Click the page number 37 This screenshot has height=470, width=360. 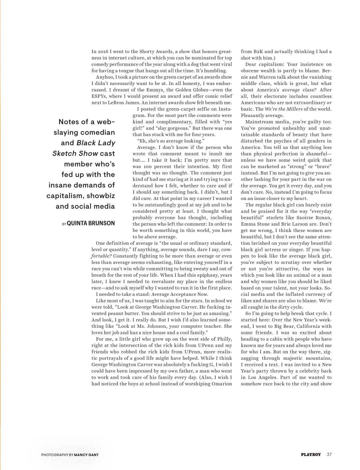tap(329, 454)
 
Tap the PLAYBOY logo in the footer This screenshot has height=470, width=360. tap(311, 454)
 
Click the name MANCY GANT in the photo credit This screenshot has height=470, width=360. tap(86, 455)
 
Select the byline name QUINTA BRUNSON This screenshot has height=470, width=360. tap(91, 223)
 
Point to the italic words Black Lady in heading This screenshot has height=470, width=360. tap(96, 143)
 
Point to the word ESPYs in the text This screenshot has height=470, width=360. tap(99, 96)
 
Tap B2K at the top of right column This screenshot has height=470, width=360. tap(258, 52)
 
